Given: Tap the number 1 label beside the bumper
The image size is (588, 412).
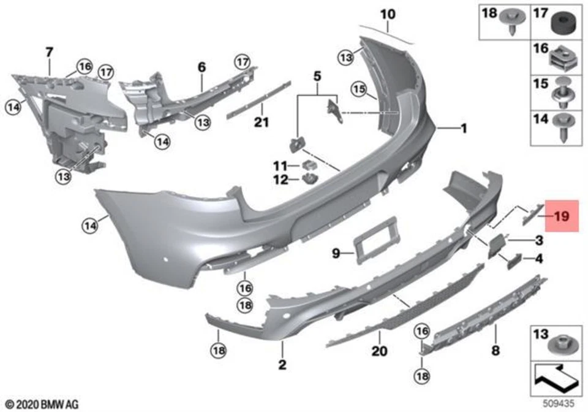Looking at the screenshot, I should (464, 129).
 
